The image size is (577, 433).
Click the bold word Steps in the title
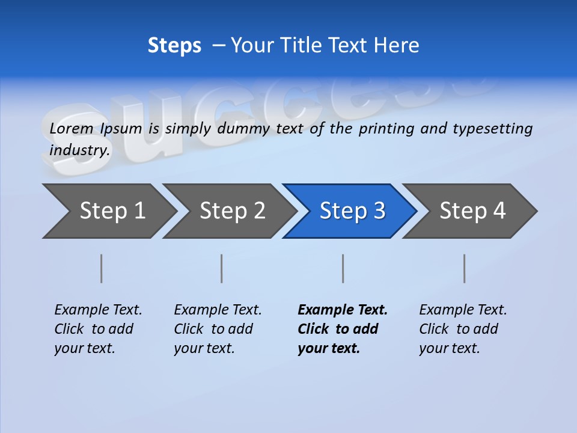(174, 46)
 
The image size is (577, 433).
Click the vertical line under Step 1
(102, 268)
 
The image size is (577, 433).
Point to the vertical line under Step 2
(222, 268)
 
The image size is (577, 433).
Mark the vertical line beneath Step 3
(343, 268)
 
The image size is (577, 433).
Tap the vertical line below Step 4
(465, 268)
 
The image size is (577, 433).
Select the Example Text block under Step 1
(98, 329)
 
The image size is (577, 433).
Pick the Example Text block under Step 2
(218, 329)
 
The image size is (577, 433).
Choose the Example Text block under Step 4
(463, 329)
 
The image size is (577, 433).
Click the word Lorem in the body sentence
(72, 129)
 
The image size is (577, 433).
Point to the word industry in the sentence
(79, 150)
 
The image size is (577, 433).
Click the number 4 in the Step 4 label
(499, 211)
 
